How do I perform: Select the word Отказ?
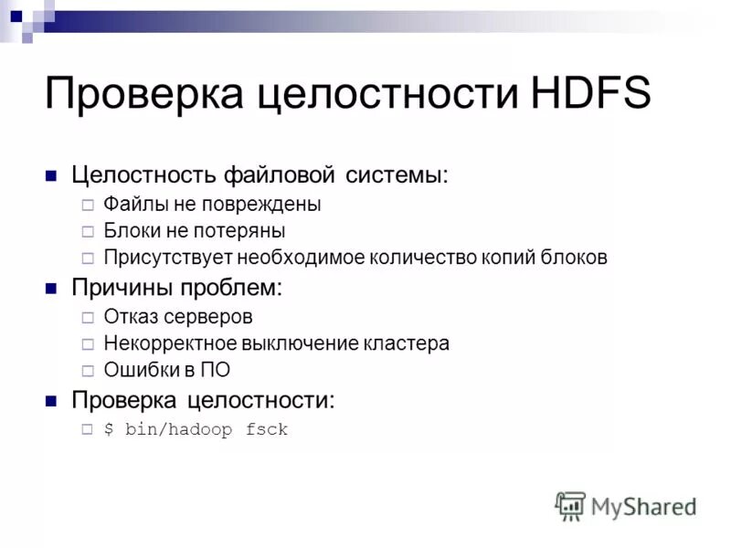(132, 317)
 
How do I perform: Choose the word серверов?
(208, 317)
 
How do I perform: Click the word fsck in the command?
(267, 429)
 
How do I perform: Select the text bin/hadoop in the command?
(177, 429)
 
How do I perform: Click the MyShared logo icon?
(570, 505)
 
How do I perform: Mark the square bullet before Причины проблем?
(52, 290)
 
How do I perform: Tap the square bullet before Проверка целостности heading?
(52, 401)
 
